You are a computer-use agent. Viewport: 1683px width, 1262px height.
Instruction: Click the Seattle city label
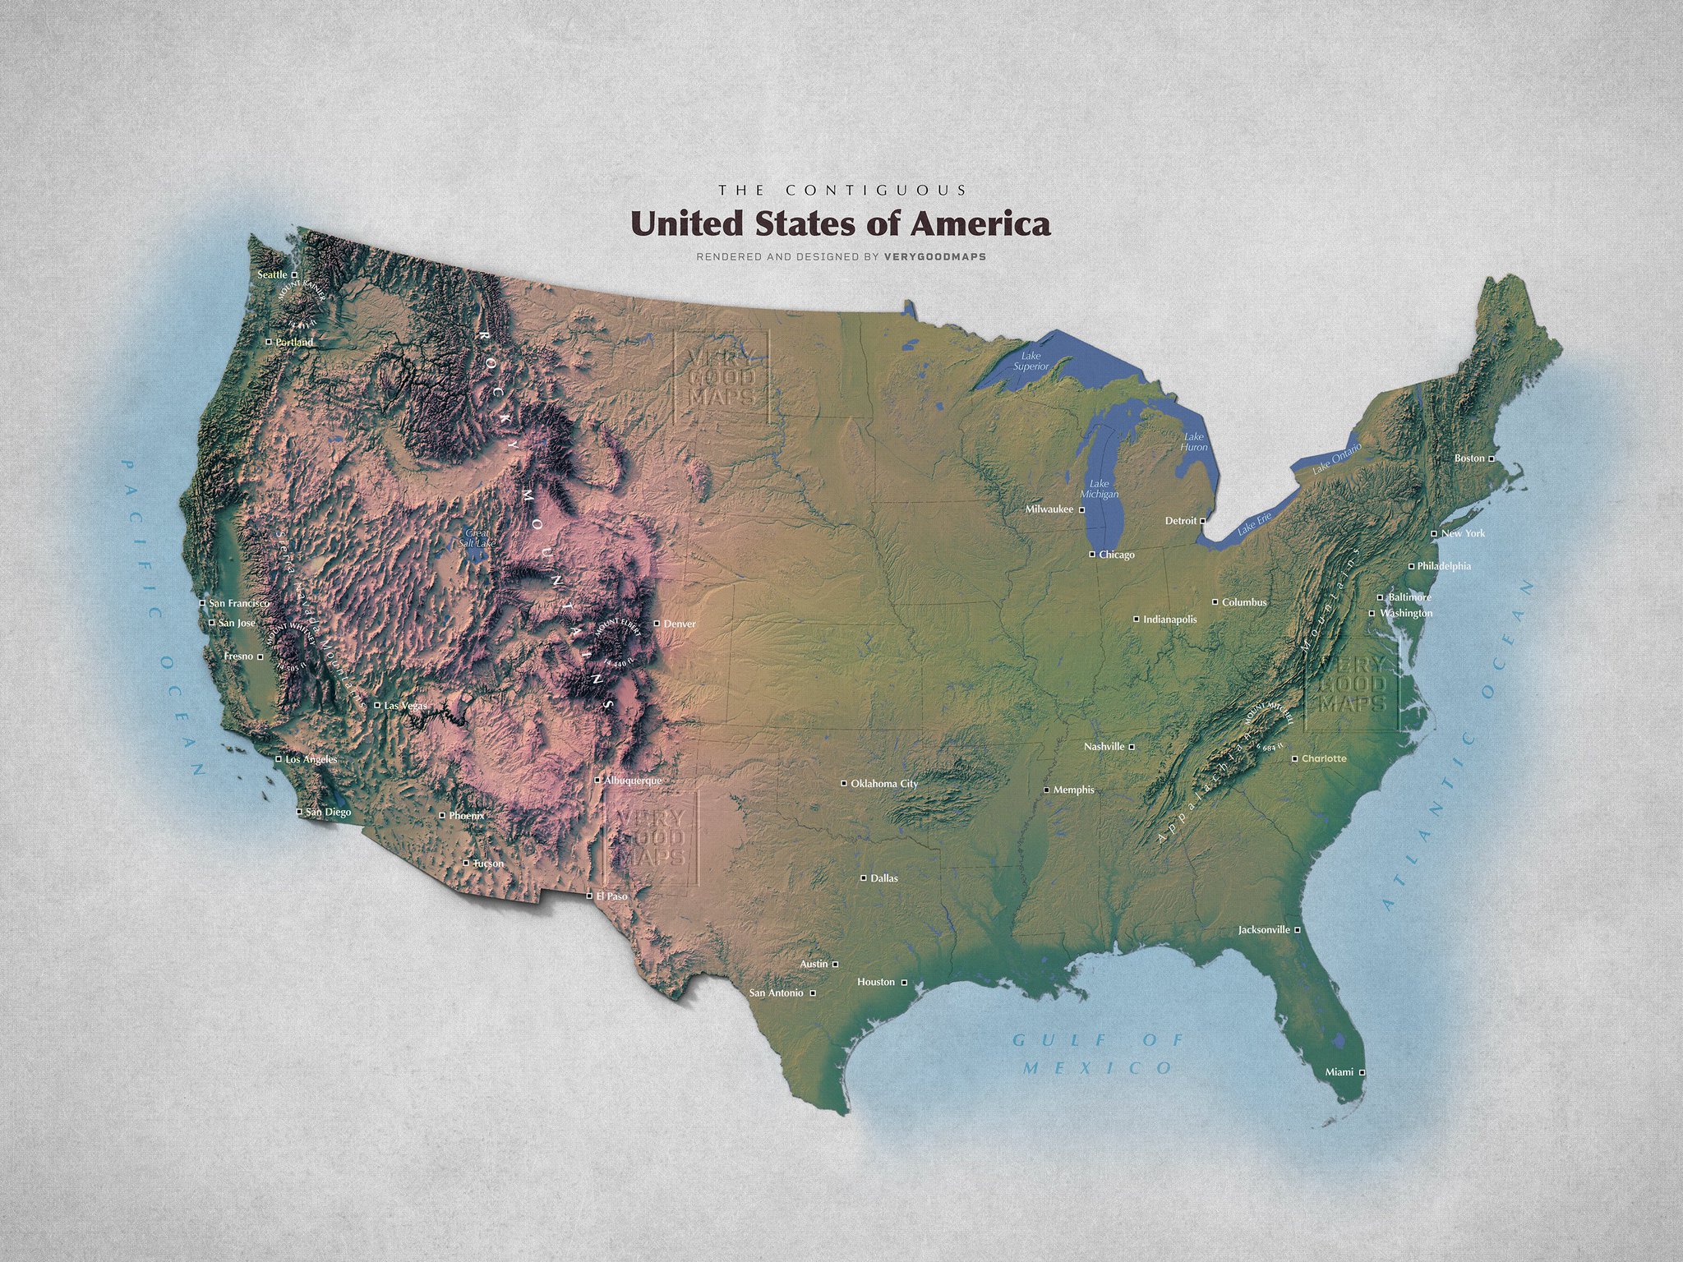pyautogui.click(x=273, y=274)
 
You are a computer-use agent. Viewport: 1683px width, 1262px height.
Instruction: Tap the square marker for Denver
pyautogui.click(x=657, y=624)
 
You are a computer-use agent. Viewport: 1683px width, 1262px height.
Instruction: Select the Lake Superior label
pyautogui.click(x=1031, y=361)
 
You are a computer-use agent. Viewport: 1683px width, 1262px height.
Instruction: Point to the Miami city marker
pyautogui.click(x=1362, y=1072)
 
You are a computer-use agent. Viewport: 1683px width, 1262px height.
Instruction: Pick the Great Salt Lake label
pyautogui.click(x=477, y=538)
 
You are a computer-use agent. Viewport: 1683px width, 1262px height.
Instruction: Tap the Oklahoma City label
pyautogui.click(x=884, y=784)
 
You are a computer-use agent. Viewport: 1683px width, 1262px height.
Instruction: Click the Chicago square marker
pyautogui.click(x=1092, y=555)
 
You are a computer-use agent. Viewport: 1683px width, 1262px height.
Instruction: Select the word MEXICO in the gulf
pyautogui.click(x=1098, y=1068)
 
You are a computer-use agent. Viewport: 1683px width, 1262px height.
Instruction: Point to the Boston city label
pyautogui.click(x=1469, y=458)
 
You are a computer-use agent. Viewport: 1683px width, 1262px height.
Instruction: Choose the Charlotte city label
pyautogui.click(x=1324, y=759)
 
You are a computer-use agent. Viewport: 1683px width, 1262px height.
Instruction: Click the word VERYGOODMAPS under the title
pyautogui.click(x=934, y=256)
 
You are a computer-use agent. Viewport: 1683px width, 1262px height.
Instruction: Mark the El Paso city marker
pyautogui.click(x=589, y=896)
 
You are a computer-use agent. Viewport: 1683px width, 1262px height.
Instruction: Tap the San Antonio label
pyautogui.click(x=777, y=993)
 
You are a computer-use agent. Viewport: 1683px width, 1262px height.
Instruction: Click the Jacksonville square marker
pyautogui.click(x=1298, y=930)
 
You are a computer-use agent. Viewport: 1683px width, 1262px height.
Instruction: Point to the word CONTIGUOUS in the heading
pyautogui.click(x=877, y=190)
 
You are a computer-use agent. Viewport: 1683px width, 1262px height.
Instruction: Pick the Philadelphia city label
pyautogui.click(x=1444, y=567)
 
